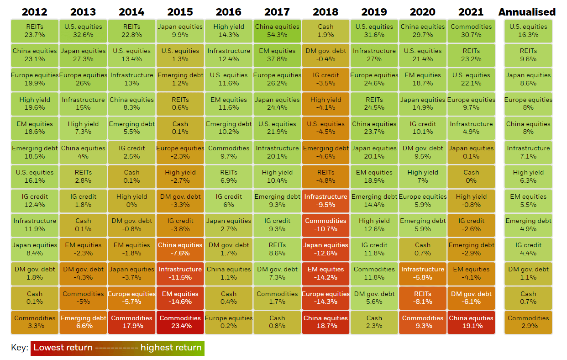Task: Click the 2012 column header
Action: (35, 12)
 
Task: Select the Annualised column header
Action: (527, 12)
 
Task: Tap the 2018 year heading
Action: (325, 12)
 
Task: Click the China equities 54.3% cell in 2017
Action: (277, 31)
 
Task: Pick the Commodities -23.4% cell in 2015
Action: (180, 322)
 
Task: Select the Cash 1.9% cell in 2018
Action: (325, 31)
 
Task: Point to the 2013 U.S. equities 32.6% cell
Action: (83, 31)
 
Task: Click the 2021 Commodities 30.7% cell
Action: (471, 31)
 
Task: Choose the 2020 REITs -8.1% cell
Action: (423, 298)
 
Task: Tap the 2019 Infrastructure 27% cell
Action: (374, 55)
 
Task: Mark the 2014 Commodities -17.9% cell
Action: (131, 322)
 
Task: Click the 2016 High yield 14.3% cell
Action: (229, 31)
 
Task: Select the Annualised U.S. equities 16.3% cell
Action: (528, 31)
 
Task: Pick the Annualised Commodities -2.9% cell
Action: (528, 322)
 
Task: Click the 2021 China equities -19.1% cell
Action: (471, 322)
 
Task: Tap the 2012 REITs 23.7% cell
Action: (35, 31)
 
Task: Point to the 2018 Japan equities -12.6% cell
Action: (325, 249)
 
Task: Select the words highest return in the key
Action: (171, 348)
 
